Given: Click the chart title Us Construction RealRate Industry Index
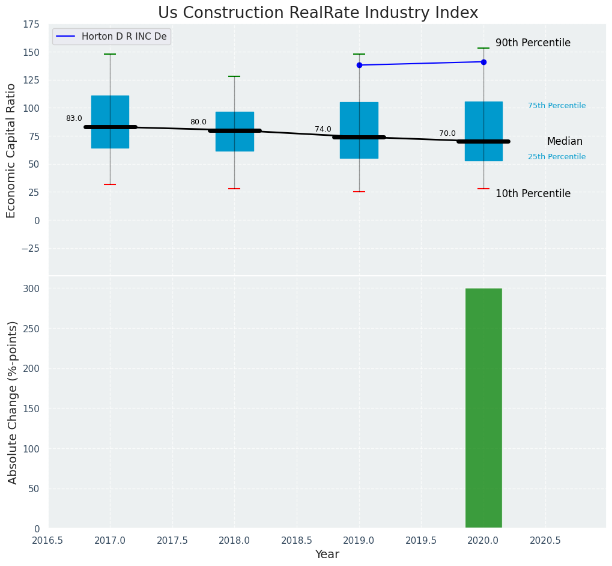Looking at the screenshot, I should point(318,13).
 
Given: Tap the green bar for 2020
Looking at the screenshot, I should point(483,409).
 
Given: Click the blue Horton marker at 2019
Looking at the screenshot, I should point(359,65).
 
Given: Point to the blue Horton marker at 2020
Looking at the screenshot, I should point(483,62).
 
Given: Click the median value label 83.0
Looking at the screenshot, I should point(74,119).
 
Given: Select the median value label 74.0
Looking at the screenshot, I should point(323,129).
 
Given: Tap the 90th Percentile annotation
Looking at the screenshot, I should point(533,43).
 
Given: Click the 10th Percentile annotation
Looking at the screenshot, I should point(533,193).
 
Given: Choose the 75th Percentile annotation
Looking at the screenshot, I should point(557,106).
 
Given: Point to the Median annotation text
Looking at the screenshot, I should point(565,142).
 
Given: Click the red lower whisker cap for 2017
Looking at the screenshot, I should point(110,184).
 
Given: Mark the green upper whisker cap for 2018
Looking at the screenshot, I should point(234,76).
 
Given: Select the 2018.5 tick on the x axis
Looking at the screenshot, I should point(296,540).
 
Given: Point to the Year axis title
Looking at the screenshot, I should point(327,555).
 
